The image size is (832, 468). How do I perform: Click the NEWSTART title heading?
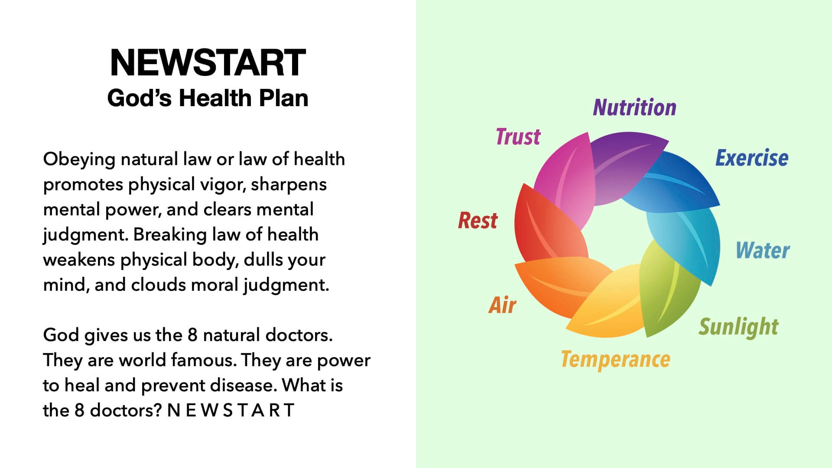(x=208, y=63)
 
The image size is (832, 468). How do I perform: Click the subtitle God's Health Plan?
(x=208, y=98)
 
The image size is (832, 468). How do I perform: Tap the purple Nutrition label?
(x=634, y=107)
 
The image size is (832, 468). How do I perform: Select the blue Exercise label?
(x=752, y=158)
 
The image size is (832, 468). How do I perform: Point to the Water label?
(x=763, y=250)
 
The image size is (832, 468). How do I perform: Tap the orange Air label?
(x=502, y=305)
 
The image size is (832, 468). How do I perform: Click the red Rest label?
(x=478, y=221)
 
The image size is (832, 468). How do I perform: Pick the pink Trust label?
(x=518, y=136)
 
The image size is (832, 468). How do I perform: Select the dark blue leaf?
(x=676, y=182)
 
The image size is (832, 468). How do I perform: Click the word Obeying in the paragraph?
(x=79, y=160)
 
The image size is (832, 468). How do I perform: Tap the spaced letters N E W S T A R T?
(x=231, y=410)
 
